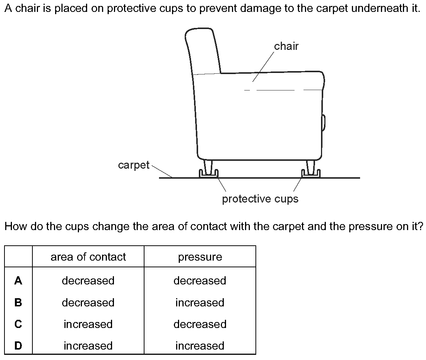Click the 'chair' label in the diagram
pos(286,46)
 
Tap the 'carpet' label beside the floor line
pos(134,165)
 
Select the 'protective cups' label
pos(260,199)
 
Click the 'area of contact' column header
pos(88,257)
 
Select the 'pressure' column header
pos(200,257)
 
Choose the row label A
pos(18,280)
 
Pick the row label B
pos(18,302)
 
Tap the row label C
pos(18,324)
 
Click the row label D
pos(18,346)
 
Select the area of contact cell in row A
pos(88,281)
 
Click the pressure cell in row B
pos(200,303)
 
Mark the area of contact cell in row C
pos(88,324)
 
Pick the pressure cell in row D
pos(200,346)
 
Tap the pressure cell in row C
pos(200,324)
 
